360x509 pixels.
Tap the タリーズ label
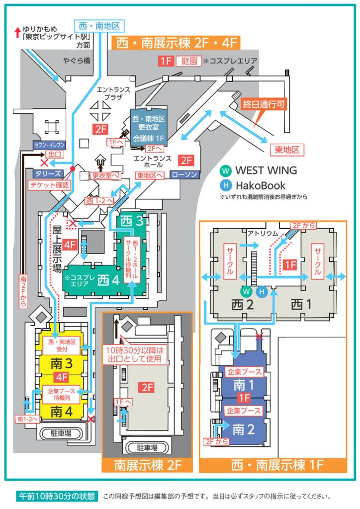pos(48,174)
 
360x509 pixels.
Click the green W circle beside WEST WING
pos(226,170)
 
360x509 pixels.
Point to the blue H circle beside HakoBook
pos(226,186)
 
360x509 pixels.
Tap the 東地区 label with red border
pos(287,150)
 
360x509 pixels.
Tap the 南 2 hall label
pos(244,429)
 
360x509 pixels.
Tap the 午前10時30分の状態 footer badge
pos(56,496)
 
